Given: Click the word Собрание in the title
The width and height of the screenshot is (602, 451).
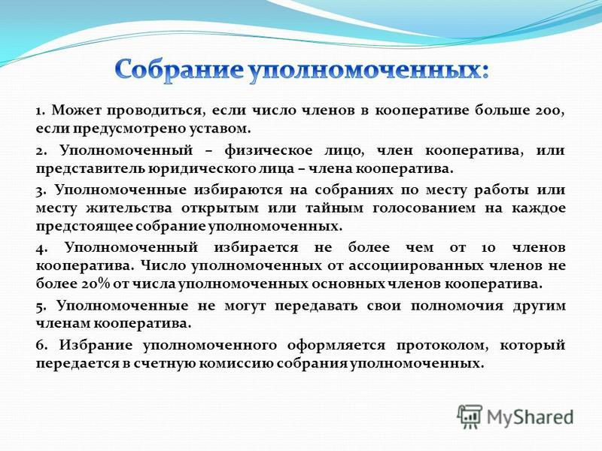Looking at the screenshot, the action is [179, 71].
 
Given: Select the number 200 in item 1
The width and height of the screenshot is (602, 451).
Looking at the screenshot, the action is [548, 110].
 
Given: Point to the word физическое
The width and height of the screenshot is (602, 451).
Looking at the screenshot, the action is [269, 150].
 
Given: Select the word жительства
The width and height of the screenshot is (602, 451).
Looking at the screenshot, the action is [129, 208].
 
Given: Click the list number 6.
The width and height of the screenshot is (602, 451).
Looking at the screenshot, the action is [41, 345].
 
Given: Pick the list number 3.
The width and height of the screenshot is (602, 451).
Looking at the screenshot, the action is [41, 190].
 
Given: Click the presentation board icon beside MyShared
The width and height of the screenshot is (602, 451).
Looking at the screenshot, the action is [470, 416].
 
